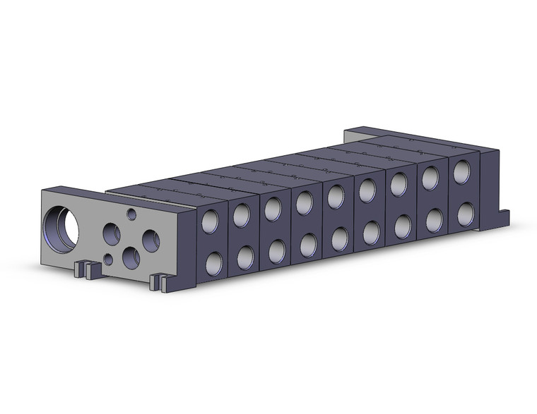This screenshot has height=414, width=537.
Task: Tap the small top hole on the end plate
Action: [131, 212]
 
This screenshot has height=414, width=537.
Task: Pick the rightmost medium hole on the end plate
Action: [151, 240]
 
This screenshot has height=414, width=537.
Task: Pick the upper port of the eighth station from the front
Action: [430, 178]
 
